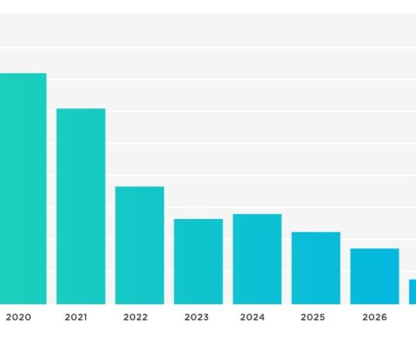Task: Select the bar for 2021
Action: [81, 206]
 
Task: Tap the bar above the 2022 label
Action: [139, 245]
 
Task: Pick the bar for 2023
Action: [198, 262]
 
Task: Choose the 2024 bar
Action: [257, 259]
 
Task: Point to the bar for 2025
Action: [316, 268]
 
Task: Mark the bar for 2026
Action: [375, 277]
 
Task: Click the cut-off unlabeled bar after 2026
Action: [412, 291]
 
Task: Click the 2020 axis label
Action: [18, 317]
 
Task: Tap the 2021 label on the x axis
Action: [76, 317]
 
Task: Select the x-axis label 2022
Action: [136, 317]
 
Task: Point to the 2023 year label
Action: [196, 317]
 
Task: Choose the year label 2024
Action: [252, 317]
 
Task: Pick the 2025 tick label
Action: [312, 317]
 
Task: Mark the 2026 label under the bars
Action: [375, 317]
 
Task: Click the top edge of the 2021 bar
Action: [81, 109]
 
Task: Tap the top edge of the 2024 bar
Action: [257, 214]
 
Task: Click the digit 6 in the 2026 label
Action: [383, 317]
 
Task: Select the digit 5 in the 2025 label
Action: [322, 317]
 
